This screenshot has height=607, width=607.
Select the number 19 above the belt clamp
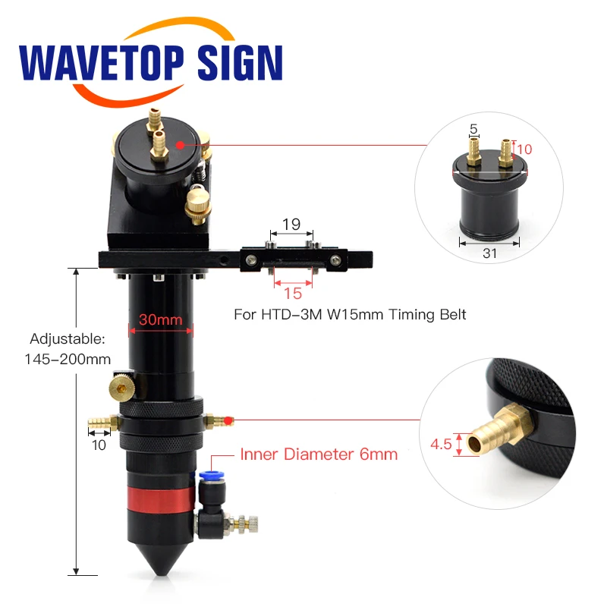click(x=291, y=225)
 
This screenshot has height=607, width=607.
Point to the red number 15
click(x=292, y=292)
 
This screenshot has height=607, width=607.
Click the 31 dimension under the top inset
click(x=489, y=254)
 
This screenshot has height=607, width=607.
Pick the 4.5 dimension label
click(x=441, y=444)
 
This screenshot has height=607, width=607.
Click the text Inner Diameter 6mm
click(x=319, y=455)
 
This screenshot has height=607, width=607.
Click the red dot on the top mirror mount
click(x=180, y=144)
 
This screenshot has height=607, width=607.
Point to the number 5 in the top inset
click(x=473, y=130)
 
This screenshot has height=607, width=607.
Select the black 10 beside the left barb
click(x=99, y=445)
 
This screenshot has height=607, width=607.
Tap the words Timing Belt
click(x=434, y=314)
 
